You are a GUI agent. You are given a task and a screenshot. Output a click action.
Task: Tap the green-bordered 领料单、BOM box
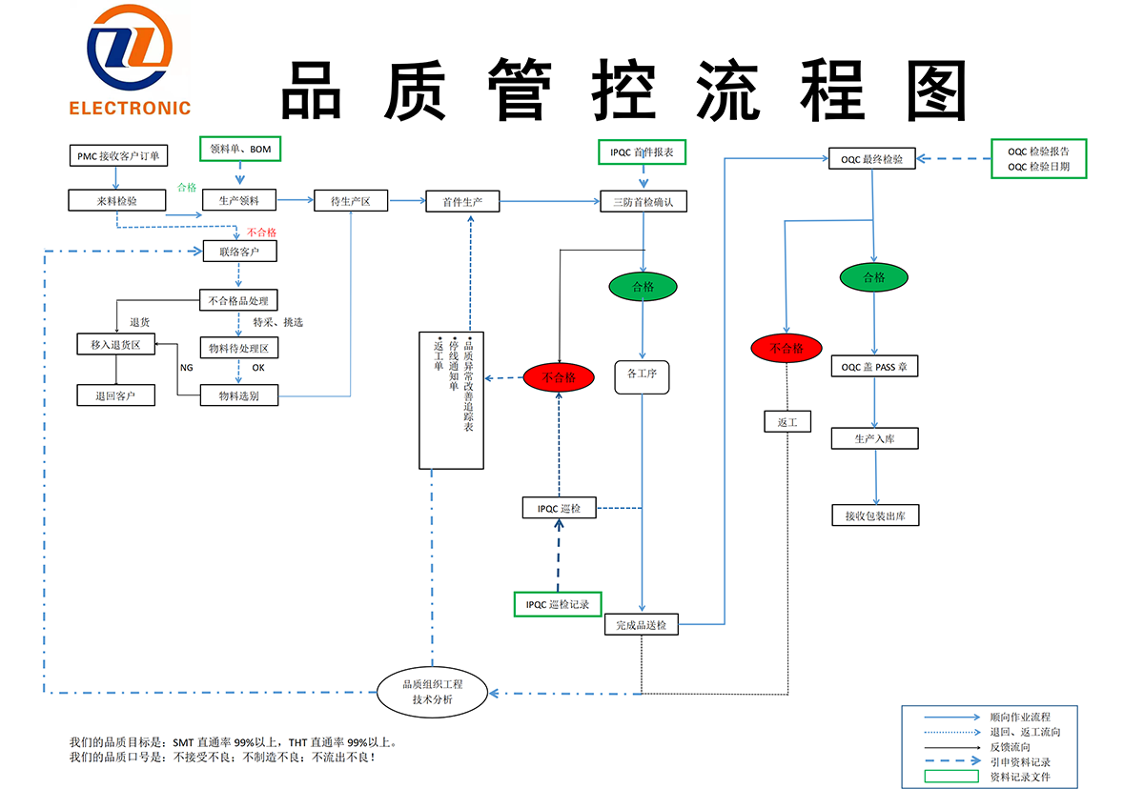[x=240, y=149]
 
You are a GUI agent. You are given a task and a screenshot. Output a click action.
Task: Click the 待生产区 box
[x=351, y=201]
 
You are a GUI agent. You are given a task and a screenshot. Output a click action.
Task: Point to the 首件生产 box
[x=462, y=201]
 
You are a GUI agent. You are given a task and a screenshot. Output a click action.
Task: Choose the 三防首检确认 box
[x=643, y=201]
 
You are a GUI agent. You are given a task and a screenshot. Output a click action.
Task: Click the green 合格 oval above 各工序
[x=643, y=286]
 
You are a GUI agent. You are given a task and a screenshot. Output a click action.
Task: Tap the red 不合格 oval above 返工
[x=786, y=348]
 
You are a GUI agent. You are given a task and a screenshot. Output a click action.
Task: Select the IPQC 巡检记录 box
[x=558, y=604]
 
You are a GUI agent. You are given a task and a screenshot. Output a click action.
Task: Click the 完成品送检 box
[x=641, y=625]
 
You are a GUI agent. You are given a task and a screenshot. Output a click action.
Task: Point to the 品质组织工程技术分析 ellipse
[x=433, y=692]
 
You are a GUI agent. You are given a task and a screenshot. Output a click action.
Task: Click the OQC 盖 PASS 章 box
[x=874, y=366]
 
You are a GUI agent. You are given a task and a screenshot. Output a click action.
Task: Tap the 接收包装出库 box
[x=875, y=516]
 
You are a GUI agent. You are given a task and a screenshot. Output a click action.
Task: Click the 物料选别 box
[x=240, y=395]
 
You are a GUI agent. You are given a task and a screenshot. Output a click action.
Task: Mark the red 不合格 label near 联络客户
[x=261, y=232]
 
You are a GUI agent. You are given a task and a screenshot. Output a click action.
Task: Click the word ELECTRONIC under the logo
[x=130, y=109]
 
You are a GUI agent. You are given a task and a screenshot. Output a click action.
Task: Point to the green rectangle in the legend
[x=952, y=777]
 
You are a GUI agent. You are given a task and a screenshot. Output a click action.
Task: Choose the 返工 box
[x=787, y=421]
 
